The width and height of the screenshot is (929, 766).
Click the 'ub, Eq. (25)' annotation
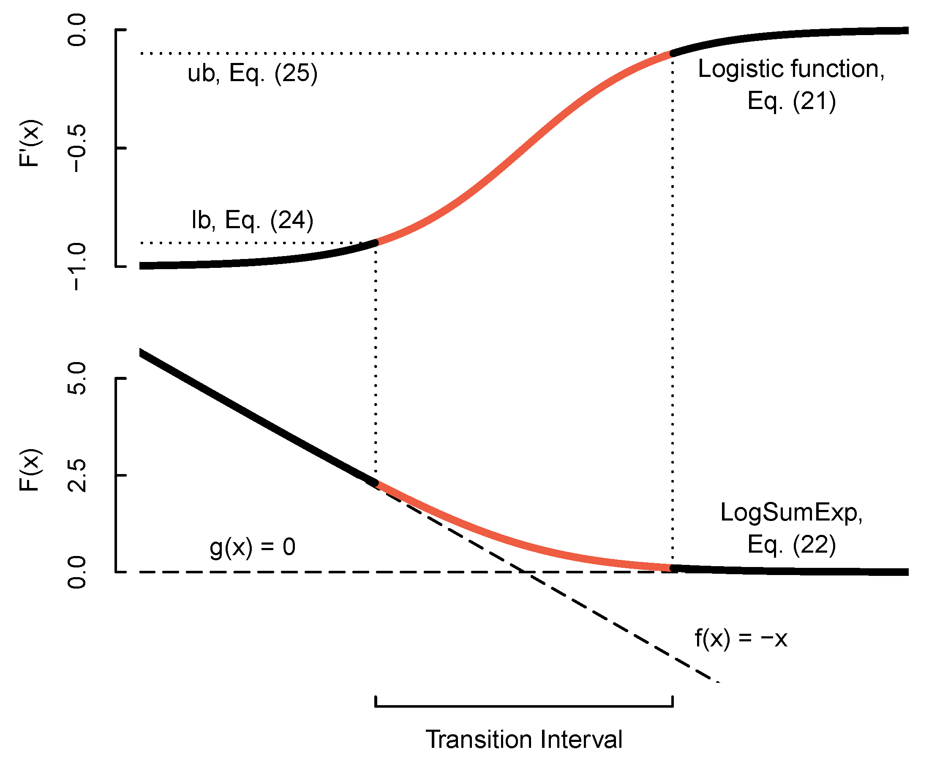(252, 73)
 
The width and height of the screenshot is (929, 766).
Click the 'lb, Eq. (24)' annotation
(252, 220)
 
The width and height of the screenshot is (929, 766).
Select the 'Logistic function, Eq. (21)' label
(791, 85)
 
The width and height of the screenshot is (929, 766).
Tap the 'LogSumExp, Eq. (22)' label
(791, 528)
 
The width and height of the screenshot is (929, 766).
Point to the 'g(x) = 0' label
(252, 547)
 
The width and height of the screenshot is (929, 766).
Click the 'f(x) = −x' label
(741, 638)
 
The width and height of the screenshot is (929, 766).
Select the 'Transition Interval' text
(523, 739)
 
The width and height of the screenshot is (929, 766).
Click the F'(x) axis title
(30, 143)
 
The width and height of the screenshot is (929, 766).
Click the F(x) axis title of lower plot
(30, 470)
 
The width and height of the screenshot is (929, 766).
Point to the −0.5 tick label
(77, 148)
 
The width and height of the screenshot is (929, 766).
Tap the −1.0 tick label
(77, 267)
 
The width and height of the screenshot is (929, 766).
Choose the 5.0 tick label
(77, 378)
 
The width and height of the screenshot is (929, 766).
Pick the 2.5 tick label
(77, 475)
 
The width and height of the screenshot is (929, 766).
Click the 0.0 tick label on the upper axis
(77, 30)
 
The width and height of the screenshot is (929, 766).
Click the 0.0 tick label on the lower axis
(77, 572)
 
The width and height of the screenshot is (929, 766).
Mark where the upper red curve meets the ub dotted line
(672, 53)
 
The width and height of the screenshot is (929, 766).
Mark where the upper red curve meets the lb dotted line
(376, 242)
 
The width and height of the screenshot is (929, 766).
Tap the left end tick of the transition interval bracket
(376, 701)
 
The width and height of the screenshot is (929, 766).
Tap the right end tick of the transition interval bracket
(672, 701)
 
